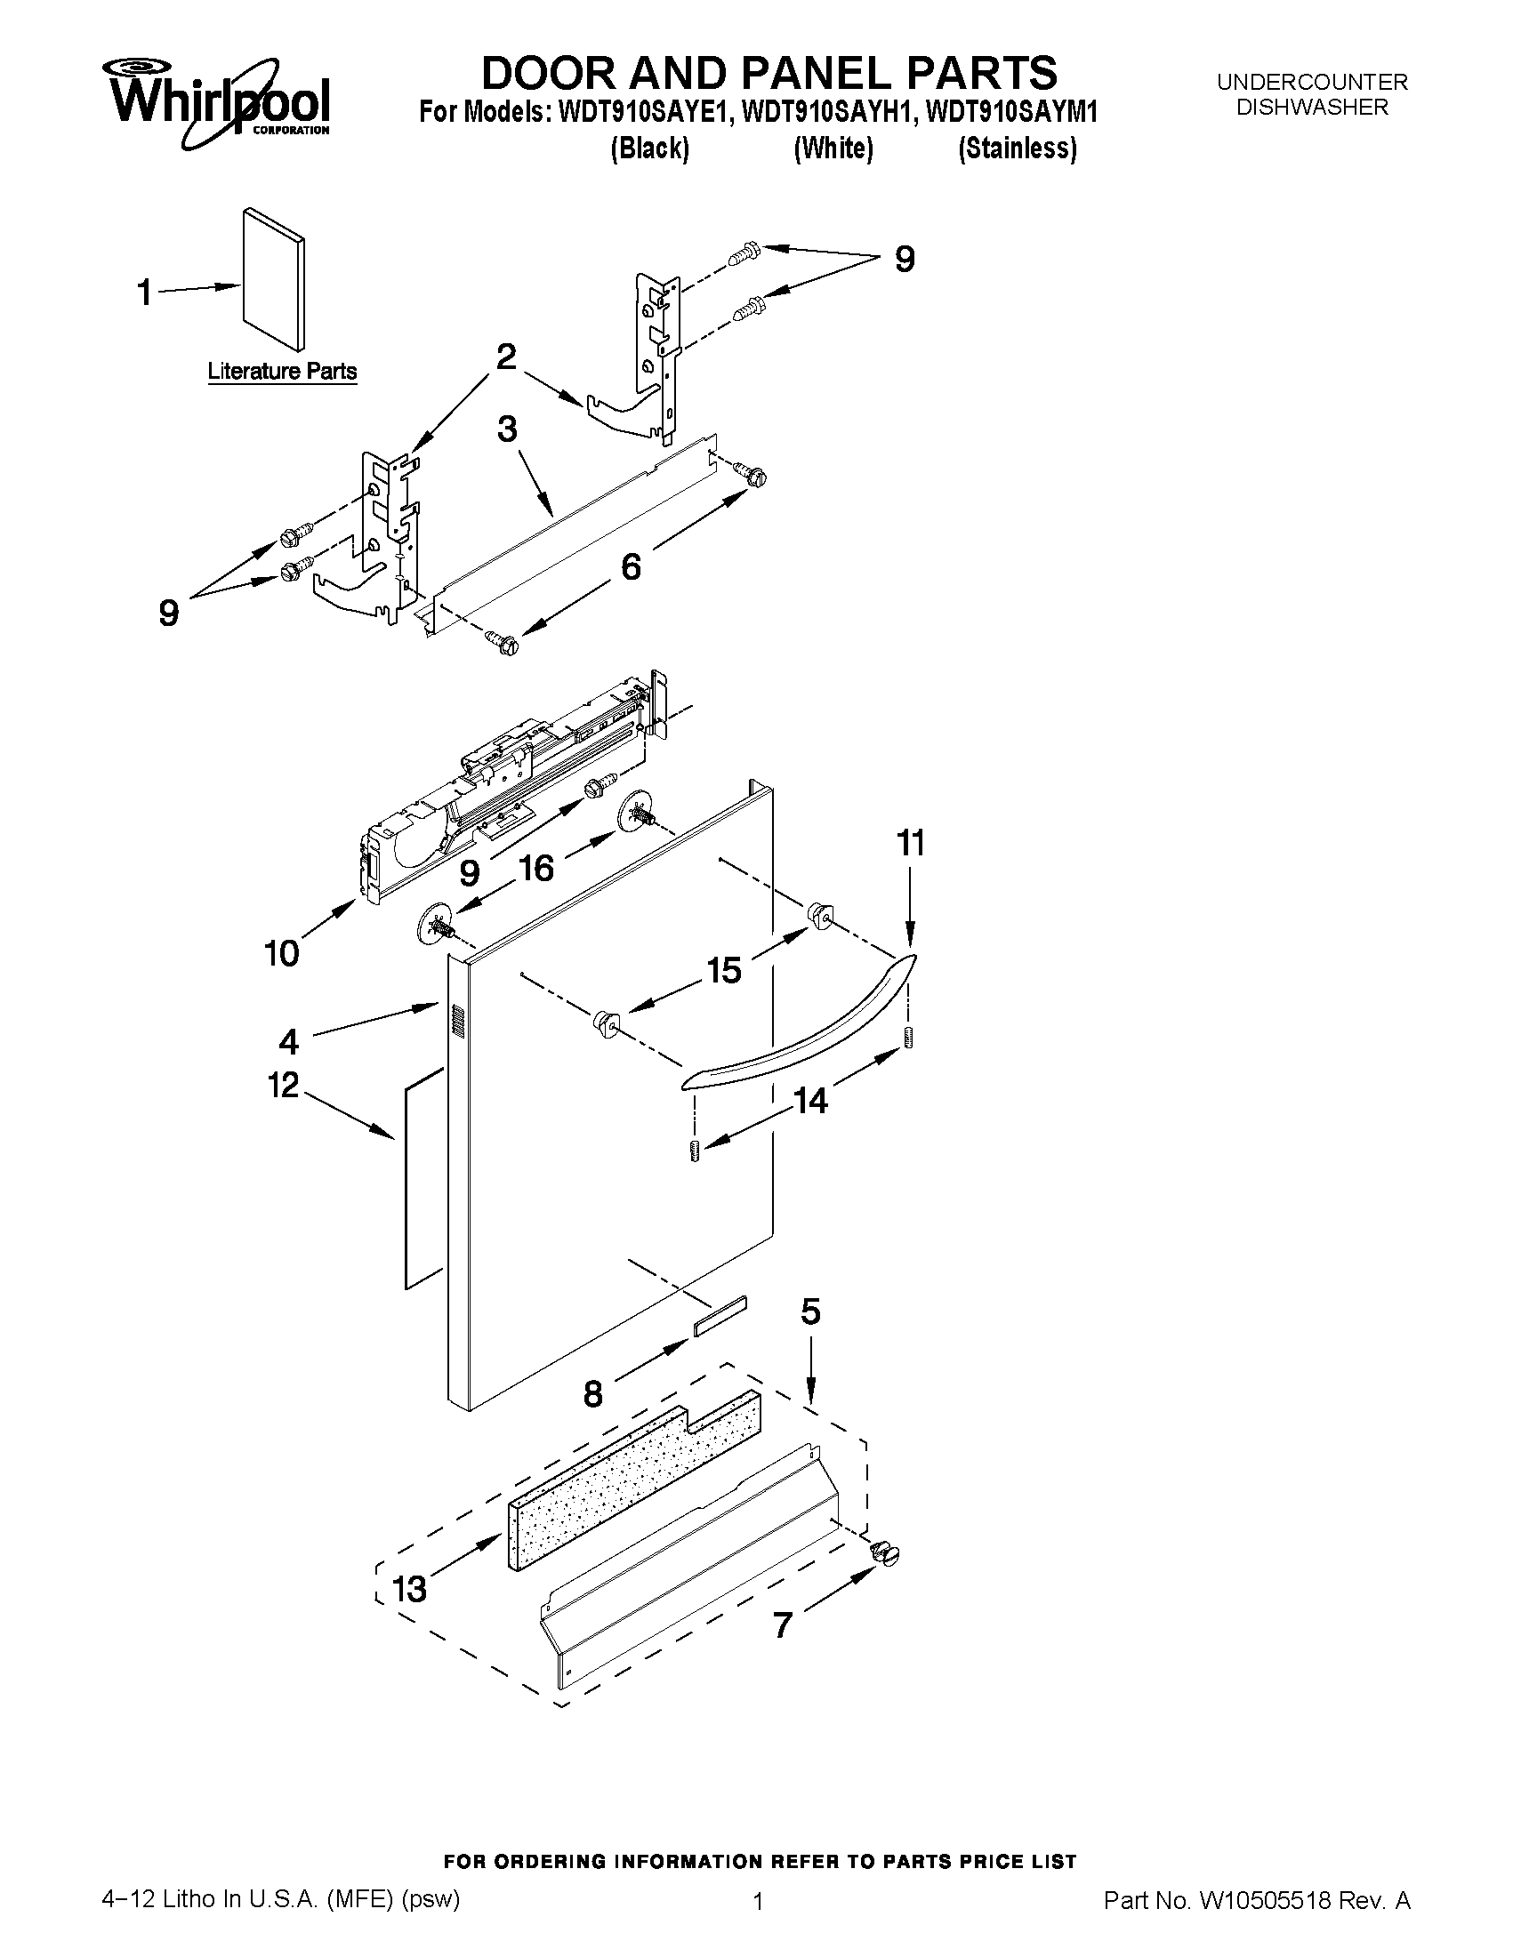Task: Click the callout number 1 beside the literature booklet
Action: pyautogui.click(x=144, y=293)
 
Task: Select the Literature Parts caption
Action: pyautogui.click(x=282, y=371)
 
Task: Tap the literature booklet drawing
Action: pyautogui.click(x=273, y=281)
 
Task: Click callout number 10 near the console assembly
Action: pyautogui.click(x=281, y=952)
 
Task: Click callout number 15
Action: pyautogui.click(x=724, y=969)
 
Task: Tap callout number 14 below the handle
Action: pyautogui.click(x=811, y=1101)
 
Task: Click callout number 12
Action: pyautogui.click(x=283, y=1085)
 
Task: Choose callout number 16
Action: pyautogui.click(x=536, y=868)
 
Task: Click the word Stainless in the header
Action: pyautogui.click(x=1018, y=148)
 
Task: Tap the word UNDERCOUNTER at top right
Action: pyautogui.click(x=1311, y=83)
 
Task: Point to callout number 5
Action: pyautogui.click(x=810, y=1311)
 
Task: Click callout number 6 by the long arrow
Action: pyautogui.click(x=631, y=566)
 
